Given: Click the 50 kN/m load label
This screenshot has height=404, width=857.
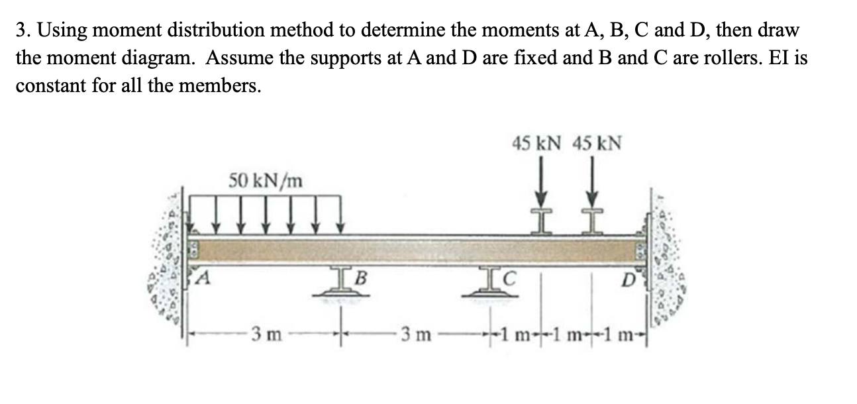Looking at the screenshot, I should pyautogui.click(x=266, y=179).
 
